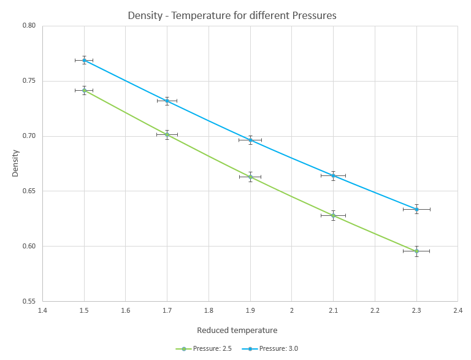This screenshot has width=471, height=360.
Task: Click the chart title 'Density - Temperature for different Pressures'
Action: coord(232,16)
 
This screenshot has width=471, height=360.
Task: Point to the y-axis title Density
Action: coord(15,164)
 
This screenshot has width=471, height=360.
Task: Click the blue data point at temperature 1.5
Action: coord(84,60)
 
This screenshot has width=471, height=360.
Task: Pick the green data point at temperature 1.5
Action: coord(84,90)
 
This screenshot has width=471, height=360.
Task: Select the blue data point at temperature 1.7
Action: coord(167,101)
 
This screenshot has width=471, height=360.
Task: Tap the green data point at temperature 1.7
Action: coord(167,134)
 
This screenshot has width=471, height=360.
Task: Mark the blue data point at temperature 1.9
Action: coord(250,140)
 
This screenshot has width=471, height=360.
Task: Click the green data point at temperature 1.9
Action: coord(250,177)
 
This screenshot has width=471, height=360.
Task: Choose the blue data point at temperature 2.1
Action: coord(333,175)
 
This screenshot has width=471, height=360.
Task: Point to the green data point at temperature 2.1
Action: coord(333,215)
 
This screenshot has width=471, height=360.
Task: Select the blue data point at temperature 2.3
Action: coord(416,209)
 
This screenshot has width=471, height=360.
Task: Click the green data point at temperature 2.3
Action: coord(416,251)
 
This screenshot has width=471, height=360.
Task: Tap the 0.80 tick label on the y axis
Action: coord(29,26)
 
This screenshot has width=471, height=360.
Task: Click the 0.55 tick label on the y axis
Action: coord(29,302)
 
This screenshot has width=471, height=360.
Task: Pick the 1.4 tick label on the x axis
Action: coord(42,311)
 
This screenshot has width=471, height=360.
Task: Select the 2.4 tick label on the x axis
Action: coord(458,311)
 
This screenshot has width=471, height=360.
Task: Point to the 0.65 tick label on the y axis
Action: coord(29,191)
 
